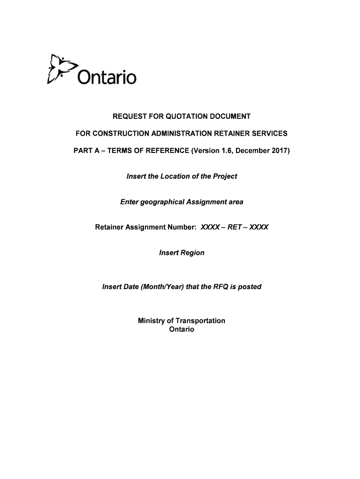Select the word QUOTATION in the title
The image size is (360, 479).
click(x=181, y=116)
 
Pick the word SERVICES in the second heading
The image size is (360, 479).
click(x=268, y=134)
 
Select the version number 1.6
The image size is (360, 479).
click(x=220, y=152)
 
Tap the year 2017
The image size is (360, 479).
click(x=279, y=152)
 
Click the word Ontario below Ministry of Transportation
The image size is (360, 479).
click(x=181, y=329)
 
